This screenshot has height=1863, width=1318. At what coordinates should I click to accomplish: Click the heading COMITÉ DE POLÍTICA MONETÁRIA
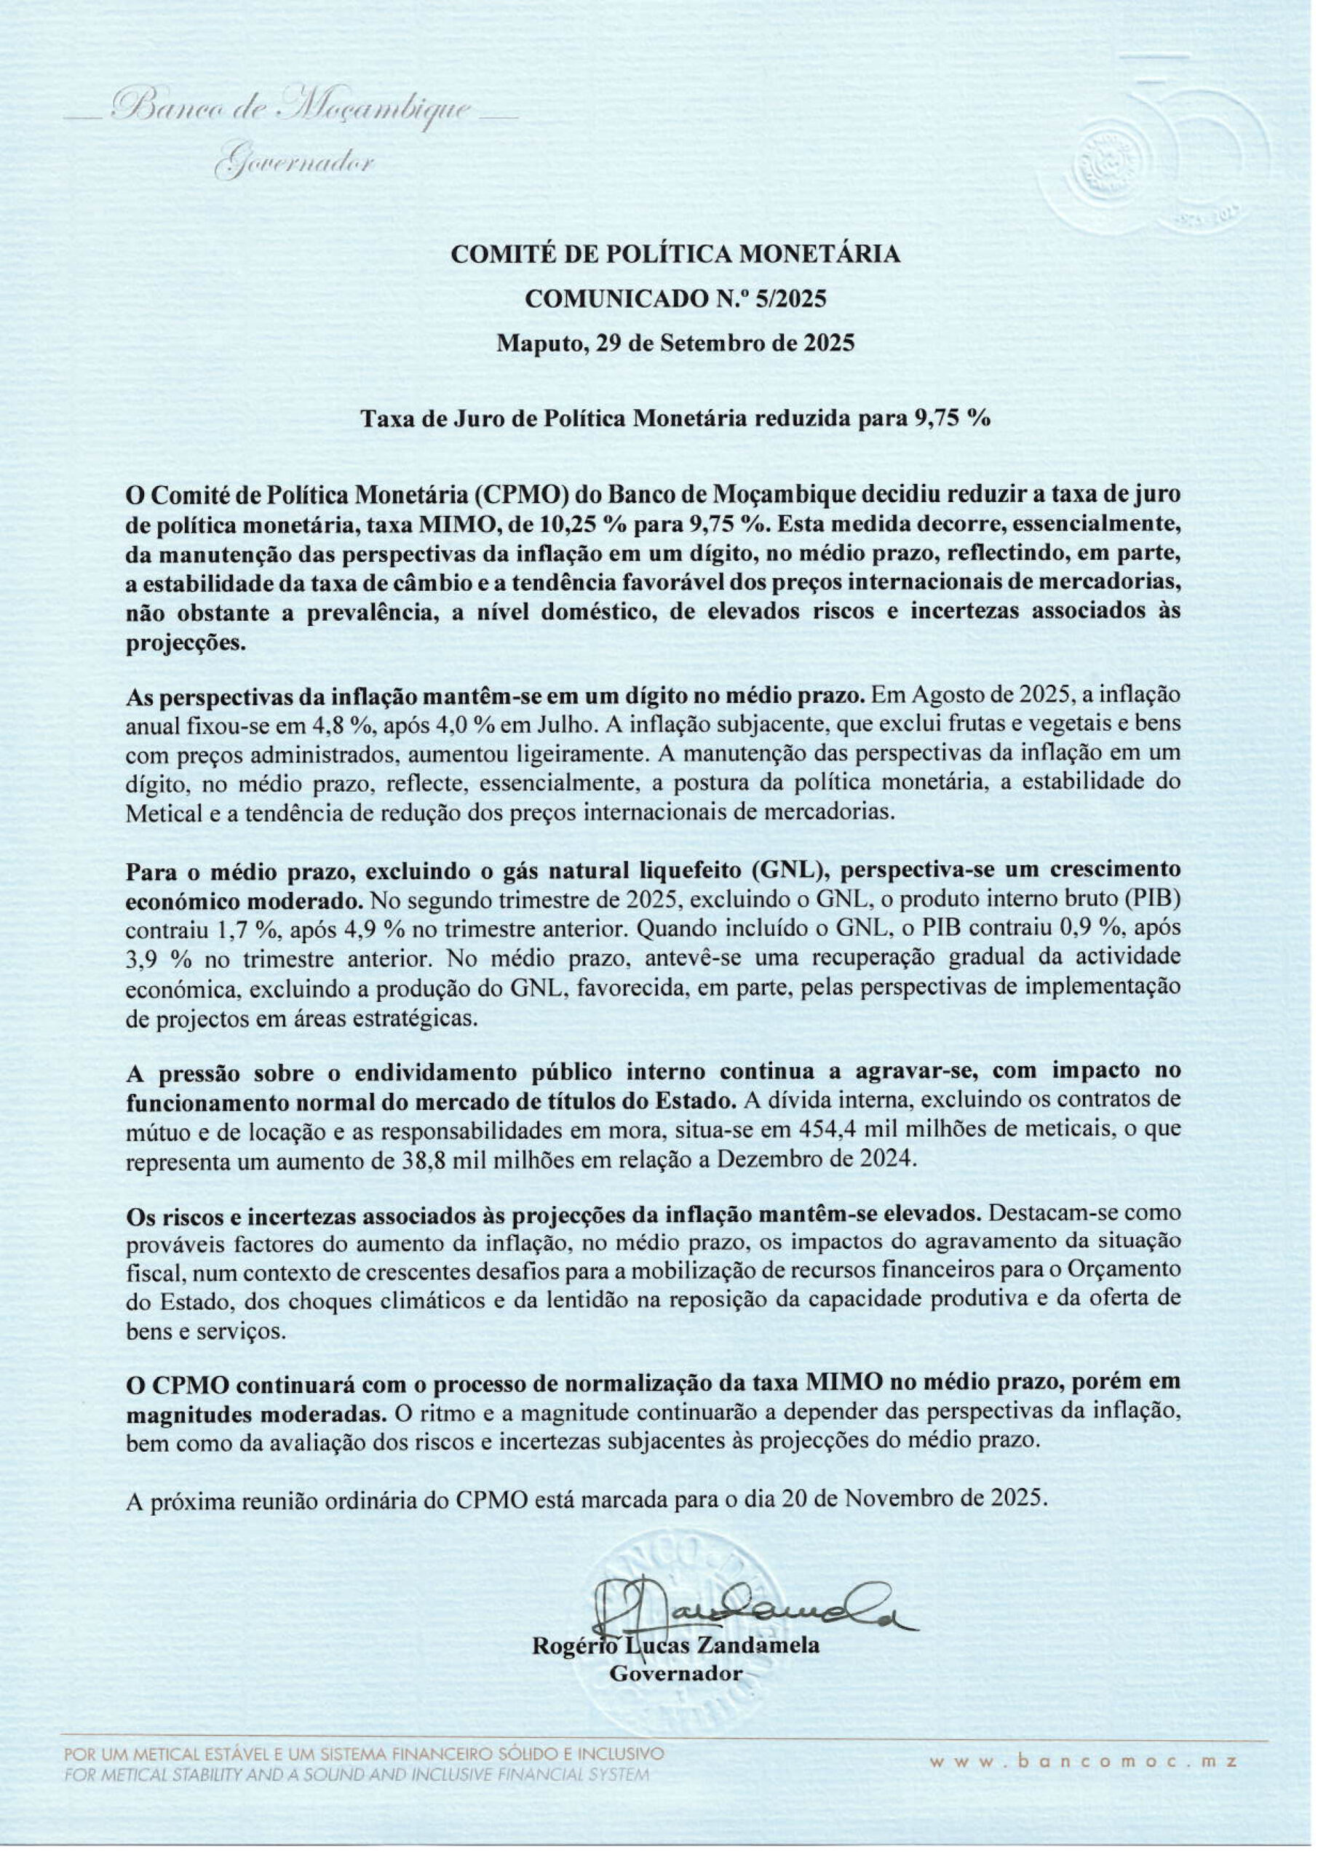[675, 254]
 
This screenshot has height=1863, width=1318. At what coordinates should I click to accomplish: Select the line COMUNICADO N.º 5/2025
[675, 298]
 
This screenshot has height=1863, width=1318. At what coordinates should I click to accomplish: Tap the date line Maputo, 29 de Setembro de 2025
[675, 343]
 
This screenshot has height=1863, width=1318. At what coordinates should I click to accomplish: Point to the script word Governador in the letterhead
[293, 162]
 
